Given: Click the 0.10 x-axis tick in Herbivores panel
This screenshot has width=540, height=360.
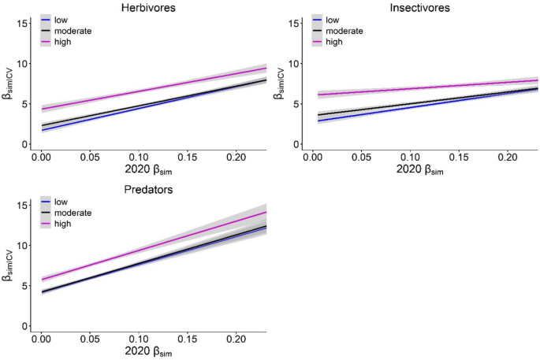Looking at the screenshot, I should [x=140, y=158].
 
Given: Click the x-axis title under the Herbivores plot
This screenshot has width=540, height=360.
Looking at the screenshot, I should [x=149, y=172].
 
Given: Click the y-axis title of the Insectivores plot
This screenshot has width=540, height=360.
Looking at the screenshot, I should [x=277, y=81].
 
